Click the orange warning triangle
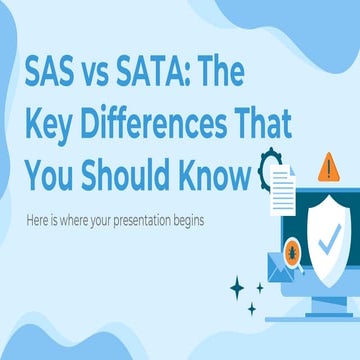(326, 165)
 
